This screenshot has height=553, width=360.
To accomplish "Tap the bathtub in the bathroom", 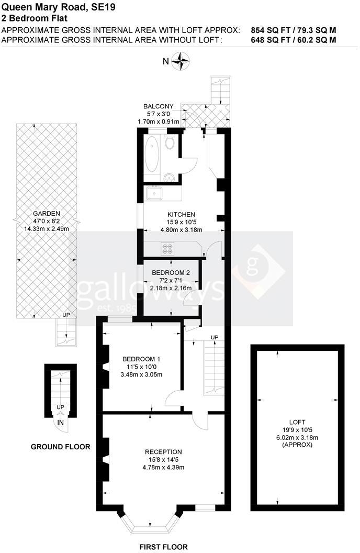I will click(x=153, y=156).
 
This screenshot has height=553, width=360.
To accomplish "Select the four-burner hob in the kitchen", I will click(x=168, y=248).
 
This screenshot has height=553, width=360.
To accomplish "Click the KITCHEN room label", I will click(x=181, y=214).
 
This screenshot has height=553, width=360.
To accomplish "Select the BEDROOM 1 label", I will click(x=141, y=359).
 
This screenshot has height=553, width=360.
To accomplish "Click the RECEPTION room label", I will click(x=163, y=451).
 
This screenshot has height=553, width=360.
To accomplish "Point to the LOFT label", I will click(x=297, y=421).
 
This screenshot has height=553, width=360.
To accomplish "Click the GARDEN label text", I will click(x=46, y=214).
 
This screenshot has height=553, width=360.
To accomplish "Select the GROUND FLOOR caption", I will click(x=60, y=447).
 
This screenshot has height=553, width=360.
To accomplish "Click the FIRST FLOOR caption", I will click(x=163, y=547).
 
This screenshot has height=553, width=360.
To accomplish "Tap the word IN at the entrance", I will click(x=61, y=422).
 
